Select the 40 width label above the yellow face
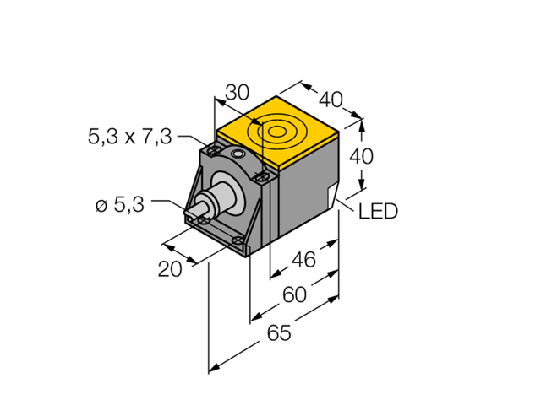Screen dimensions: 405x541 pos(331,100)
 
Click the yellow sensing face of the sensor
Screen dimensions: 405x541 pos(278,135)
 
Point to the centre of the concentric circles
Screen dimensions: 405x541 pos(276,132)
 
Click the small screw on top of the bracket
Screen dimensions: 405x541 pos(238,157)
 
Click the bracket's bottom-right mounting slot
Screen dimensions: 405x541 pos(239,242)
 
